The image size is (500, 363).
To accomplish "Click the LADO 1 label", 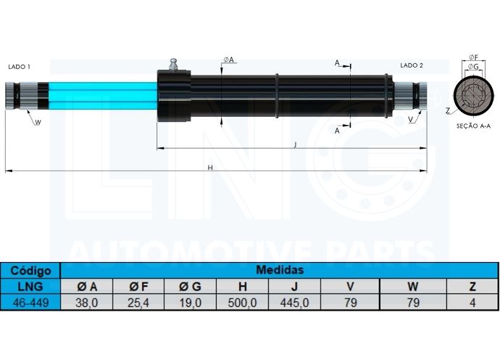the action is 19,67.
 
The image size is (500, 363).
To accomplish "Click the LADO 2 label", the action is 412,65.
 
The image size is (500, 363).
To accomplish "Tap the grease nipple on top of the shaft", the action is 173,65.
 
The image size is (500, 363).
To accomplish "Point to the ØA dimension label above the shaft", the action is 229,60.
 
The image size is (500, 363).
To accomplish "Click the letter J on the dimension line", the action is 295,144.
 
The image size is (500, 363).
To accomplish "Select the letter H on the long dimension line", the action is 210,168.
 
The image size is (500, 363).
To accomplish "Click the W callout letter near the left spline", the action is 38,122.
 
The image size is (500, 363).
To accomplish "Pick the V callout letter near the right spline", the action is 411,120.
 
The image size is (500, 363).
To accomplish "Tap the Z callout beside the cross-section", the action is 448,111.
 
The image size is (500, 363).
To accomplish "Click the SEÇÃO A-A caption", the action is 473,126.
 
